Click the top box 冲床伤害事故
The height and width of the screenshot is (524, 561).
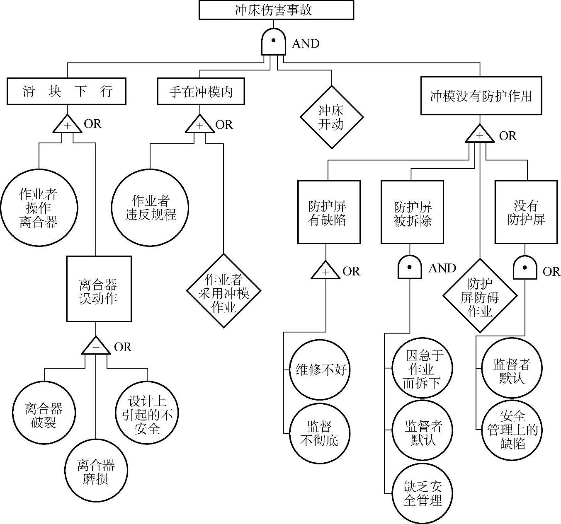[276, 10]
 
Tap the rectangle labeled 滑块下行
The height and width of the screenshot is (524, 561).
[67, 91]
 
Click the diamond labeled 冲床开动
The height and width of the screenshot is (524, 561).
[331, 117]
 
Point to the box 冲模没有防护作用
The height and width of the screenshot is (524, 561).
[481, 96]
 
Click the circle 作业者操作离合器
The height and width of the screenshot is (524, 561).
[39, 208]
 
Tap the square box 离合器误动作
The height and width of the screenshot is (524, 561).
[99, 289]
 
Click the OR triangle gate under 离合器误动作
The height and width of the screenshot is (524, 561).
[96, 346]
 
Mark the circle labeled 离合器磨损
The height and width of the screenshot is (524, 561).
[96, 471]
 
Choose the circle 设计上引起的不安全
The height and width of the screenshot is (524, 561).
[147, 413]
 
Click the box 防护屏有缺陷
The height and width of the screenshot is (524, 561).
[328, 212]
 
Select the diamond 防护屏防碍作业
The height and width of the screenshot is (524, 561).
[480, 296]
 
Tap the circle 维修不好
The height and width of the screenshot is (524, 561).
[320, 369]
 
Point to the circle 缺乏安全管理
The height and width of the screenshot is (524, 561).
[423, 494]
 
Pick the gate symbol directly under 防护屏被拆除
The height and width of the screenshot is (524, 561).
[410, 268]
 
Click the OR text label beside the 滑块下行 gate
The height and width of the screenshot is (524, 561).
[92, 124]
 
